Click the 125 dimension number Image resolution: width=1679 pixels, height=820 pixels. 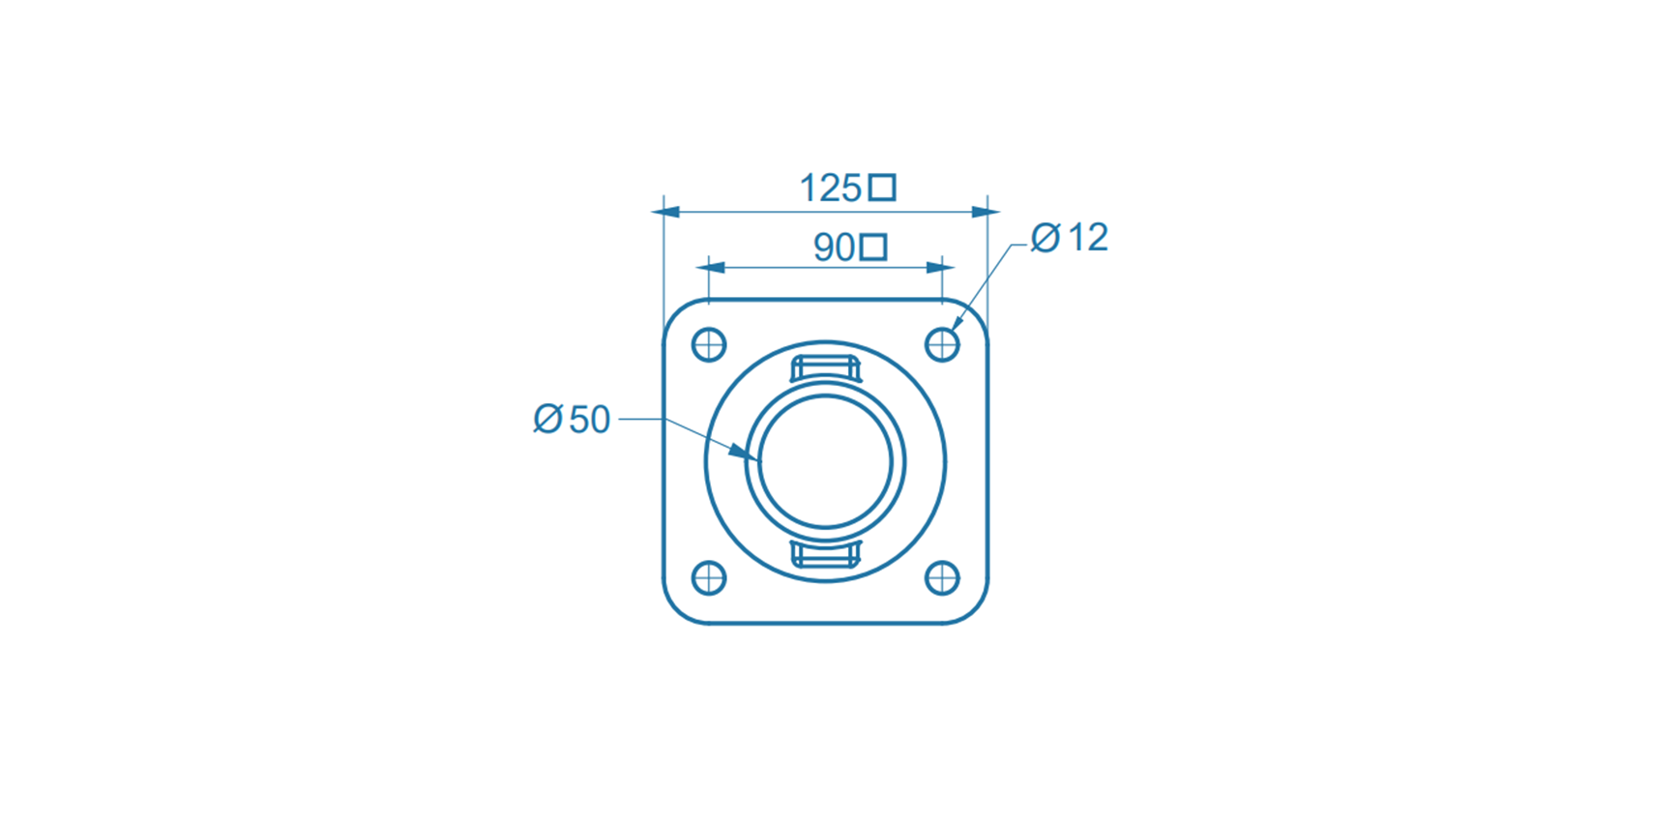[x=830, y=188]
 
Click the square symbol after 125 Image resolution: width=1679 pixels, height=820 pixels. [x=881, y=188]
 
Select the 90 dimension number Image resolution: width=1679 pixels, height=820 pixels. [x=834, y=249]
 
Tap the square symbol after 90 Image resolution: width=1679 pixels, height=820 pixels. [x=873, y=248]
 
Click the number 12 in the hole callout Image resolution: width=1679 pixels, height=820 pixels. [x=1088, y=238]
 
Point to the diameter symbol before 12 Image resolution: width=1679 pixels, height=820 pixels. [x=1046, y=238]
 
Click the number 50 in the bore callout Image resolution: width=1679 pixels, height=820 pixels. [x=589, y=420]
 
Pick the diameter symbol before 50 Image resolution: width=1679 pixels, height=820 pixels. [x=547, y=420]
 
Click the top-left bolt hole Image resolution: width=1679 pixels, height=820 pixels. [x=709, y=344]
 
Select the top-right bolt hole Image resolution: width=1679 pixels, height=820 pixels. [x=942, y=344]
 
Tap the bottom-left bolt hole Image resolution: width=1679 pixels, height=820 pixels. [x=709, y=578]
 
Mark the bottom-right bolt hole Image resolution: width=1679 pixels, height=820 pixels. [x=942, y=578]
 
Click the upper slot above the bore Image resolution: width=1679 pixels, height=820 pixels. [x=826, y=369]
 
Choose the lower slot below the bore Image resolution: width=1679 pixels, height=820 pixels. [x=826, y=554]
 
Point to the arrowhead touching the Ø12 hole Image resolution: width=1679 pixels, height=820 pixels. [x=957, y=322]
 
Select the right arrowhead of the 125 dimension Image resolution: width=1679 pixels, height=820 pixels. [x=980, y=212]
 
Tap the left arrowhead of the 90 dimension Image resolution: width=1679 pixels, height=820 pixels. [x=717, y=268]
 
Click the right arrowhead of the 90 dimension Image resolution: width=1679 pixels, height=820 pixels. [x=935, y=268]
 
